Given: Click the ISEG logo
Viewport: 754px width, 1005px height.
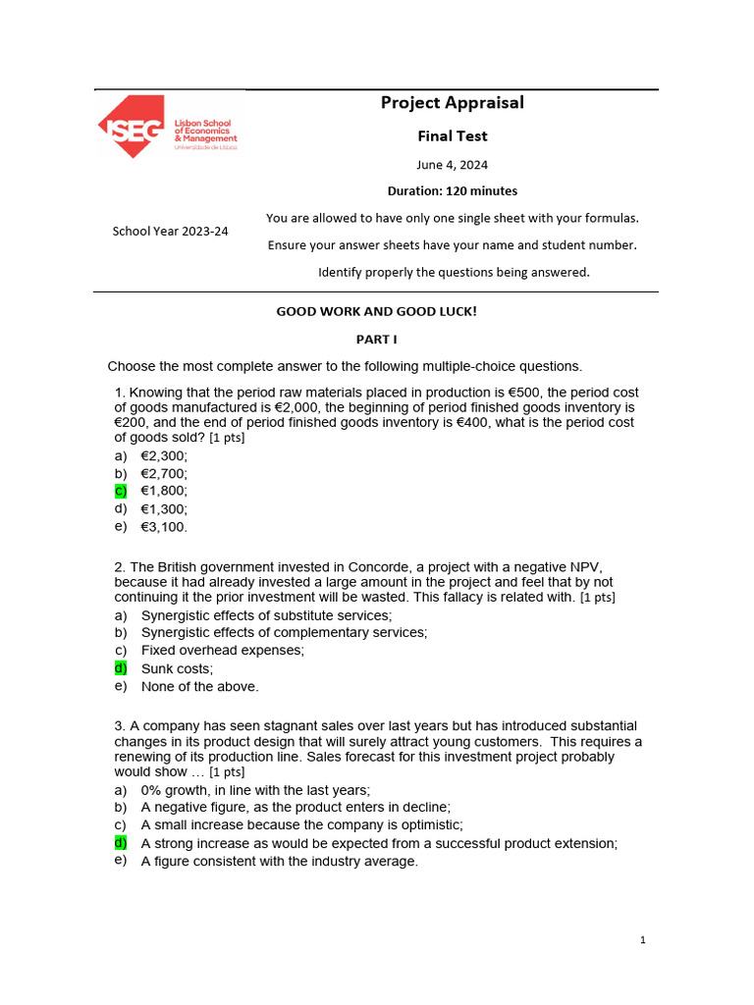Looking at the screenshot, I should tap(167, 127).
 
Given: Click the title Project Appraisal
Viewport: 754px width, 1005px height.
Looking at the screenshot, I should tap(452, 103).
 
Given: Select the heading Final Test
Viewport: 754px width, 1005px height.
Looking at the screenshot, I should tap(452, 136).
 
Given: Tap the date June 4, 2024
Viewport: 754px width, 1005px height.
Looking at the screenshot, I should tap(452, 165).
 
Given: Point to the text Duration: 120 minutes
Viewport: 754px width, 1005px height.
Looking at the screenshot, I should tap(452, 190).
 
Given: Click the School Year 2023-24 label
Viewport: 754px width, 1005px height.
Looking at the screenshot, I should tap(170, 231).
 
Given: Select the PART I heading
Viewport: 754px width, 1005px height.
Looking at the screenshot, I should tap(376, 339).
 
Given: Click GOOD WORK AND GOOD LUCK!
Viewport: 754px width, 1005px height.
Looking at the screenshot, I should tap(376, 311).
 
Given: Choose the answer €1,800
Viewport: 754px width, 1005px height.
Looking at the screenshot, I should tap(164, 491).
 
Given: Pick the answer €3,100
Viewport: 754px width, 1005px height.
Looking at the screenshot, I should tap(164, 527).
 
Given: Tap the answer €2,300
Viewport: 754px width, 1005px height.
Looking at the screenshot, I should tap(164, 455).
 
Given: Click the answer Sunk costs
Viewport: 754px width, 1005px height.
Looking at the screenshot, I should tap(177, 668).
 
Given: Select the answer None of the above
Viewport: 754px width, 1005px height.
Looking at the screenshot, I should tap(200, 687).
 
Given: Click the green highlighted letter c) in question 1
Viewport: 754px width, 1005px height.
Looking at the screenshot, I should tap(121, 490).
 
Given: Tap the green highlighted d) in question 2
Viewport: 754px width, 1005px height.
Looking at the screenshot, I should tap(121, 667).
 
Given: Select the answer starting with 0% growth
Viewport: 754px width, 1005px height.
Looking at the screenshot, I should tap(255, 790).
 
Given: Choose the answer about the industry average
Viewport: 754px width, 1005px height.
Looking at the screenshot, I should tap(280, 861).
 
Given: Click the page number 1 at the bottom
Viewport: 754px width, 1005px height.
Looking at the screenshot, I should tap(642, 940).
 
